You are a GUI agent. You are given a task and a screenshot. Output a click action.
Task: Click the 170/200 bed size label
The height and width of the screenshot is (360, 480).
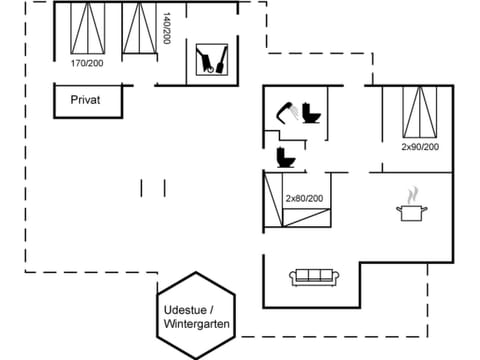pyautogui.click(x=86, y=63)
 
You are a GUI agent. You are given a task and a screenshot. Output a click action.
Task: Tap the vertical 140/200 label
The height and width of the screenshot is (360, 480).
pyautogui.click(x=167, y=28)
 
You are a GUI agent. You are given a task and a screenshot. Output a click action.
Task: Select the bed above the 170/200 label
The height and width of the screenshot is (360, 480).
pyautogui.click(x=86, y=28)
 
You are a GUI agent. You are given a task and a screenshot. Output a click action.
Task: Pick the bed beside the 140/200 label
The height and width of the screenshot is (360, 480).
pyautogui.click(x=140, y=28)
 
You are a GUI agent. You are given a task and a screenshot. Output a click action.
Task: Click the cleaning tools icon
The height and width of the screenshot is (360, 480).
pyautogui.click(x=210, y=59)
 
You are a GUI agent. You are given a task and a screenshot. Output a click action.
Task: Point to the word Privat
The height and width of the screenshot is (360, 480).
pyautogui.click(x=85, y=100)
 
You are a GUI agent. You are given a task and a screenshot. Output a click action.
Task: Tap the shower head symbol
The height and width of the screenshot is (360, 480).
pyautogui.click(x=285, y=109)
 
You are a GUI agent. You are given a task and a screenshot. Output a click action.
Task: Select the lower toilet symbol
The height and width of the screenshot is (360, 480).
pyautogui.click(x=285, y=157)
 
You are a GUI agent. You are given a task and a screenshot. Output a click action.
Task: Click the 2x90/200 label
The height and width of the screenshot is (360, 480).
pyautogui.click(x=419, y=147)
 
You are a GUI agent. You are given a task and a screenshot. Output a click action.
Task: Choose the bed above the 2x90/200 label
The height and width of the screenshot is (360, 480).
pyautogui.click(x=419, y=112)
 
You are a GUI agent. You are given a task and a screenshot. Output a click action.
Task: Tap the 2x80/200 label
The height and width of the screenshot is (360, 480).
pyautogui.click(x=304, y=198)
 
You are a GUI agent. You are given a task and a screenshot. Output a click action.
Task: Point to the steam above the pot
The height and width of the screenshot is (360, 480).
pyautogui.click(x=411, y=193)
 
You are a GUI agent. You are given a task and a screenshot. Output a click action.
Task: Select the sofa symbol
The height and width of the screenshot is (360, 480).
pyautogui.click(x=316, y=277)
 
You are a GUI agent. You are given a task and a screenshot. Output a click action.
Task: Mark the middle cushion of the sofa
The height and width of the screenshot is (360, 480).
pyautogui.click(x=316, y=276)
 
